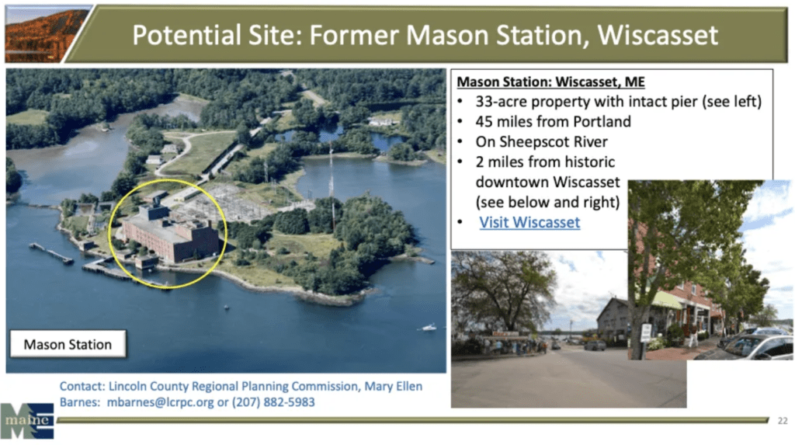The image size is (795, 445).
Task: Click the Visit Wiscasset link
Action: coord(529,222)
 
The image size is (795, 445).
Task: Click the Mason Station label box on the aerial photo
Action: coord(68,344)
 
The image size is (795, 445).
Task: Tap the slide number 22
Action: coord(783,421)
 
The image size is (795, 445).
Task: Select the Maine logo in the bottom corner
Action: coord(27,421)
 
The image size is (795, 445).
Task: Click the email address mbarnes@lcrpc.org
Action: coord(160,402)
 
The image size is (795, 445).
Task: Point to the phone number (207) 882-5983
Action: coord(273,402)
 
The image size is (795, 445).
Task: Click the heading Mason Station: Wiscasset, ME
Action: coord(550,82)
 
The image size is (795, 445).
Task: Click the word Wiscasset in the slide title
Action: coord(658,35)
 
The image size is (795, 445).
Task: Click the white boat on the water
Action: coord(429,327)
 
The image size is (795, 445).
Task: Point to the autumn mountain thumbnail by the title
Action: coord(47,34)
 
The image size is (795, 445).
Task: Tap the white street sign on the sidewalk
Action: coord(645,332)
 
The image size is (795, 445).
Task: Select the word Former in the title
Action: coord(354,35)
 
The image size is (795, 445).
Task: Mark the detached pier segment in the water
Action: coord(51,253)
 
